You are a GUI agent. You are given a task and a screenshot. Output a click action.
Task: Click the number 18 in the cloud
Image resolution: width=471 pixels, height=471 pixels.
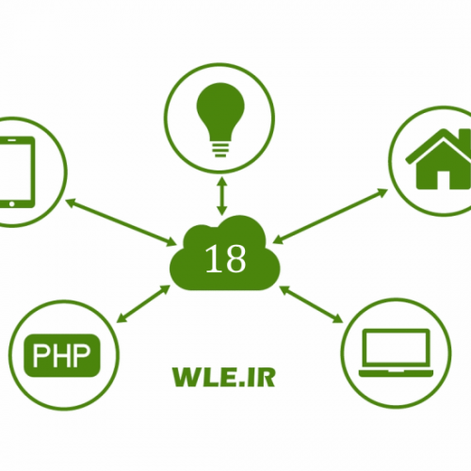(225, 258)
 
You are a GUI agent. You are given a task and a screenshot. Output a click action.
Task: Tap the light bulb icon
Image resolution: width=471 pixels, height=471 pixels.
(220, 120)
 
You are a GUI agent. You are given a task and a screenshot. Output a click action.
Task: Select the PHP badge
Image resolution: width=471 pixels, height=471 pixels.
(62, 355)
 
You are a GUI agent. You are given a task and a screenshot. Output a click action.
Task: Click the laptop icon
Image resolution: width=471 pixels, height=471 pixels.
(396, 352)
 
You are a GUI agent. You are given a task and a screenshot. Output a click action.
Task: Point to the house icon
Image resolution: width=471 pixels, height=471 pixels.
(440, 159)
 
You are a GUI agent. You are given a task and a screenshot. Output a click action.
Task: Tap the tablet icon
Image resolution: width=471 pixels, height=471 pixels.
(16, 171)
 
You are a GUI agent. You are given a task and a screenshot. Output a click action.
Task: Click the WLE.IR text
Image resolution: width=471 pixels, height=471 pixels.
(224, 377)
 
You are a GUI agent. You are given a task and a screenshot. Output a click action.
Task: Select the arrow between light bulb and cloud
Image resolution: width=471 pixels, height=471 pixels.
(222, 196)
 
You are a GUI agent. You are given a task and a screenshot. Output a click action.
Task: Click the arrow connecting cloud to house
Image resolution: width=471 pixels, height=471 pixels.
(331, 216)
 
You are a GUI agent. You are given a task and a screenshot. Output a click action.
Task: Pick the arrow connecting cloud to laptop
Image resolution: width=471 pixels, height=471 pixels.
(311, 304)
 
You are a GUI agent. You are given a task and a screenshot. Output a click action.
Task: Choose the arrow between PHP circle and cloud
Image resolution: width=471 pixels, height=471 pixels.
(143, 303)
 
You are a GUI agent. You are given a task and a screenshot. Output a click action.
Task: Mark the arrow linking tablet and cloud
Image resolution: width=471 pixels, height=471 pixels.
(121, 222)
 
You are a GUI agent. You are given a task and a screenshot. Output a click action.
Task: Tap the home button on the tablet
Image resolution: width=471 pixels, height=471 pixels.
(11, 204)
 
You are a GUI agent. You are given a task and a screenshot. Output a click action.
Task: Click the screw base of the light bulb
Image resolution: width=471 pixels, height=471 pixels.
(220, 150)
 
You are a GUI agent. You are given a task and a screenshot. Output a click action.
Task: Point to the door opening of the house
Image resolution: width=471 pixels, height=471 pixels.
(443, 180)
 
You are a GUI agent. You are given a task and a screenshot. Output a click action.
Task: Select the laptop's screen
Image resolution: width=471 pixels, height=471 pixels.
(396, 349)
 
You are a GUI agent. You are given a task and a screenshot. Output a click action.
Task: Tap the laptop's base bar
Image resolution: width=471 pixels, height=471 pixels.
(396, 373)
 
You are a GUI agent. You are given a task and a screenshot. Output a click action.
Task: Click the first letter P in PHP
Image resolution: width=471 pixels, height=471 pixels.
(40, 355)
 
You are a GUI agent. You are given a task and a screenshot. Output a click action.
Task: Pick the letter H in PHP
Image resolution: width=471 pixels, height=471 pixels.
(61, 355)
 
